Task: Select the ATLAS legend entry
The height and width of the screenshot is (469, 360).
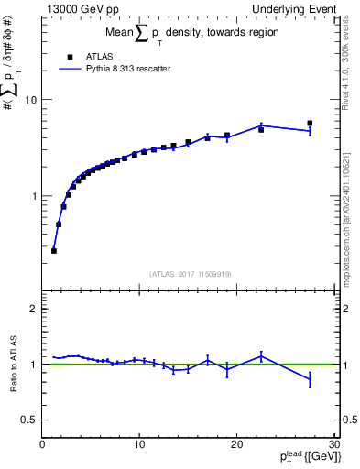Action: pyautogui.click(x=85, y=55)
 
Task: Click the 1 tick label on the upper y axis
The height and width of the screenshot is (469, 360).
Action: pyautogui.click(x=35, y=196)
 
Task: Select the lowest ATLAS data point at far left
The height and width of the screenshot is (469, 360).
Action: pyautogui.click(x=54, y=250)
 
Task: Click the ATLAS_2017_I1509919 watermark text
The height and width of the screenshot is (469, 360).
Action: pyautogui.click(x=191, y=273)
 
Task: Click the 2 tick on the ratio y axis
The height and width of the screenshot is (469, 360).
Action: pyautogui.click(x=35, y=309)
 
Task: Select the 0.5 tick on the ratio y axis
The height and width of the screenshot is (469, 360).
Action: pyautogui.click(x=31, y=420)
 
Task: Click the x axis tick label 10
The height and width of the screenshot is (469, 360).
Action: pyautogui.click(x=139, y=444)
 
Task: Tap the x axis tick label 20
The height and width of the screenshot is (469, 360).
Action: pyautogui.click(x=236, y=444)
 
